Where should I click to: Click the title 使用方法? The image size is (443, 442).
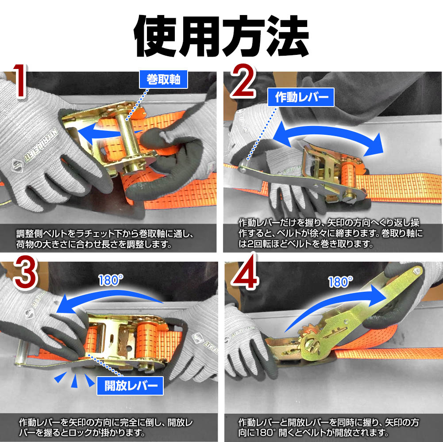coord(221,36)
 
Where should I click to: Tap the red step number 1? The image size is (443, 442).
coord(20,81)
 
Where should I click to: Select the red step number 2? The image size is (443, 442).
coord(243,81)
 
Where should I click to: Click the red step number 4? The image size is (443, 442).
coord(245,273)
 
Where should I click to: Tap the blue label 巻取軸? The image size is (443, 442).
coord(163,79)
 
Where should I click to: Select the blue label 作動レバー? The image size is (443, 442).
coord(301,97)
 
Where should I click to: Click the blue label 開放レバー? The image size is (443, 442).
coord(130,385)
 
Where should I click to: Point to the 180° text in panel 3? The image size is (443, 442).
coord(111,280)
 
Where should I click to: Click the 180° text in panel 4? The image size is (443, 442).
coord(340,282)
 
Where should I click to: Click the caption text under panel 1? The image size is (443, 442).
coord(105,239)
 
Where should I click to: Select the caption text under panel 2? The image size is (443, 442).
coord(330,233)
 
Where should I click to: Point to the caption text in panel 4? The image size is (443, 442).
coord(328,427)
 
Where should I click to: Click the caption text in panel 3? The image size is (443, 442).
coord(106,427)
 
